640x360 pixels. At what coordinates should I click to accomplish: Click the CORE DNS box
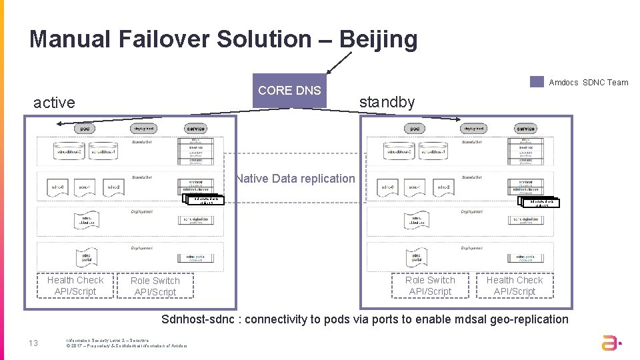(x=289, y=91)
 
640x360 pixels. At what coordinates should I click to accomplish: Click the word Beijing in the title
(x=378, y=39)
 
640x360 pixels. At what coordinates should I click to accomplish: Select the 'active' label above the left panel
(x=54, y=103)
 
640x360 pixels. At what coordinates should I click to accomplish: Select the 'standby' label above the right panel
(x=387, y=102)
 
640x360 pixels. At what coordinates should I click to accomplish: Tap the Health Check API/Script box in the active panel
(x=75, y=285)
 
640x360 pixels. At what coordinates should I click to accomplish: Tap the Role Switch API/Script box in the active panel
(x=155, y=286)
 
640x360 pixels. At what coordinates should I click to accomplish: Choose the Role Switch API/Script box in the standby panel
(x=430, y=285)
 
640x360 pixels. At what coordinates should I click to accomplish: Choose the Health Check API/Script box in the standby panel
(x=514, y=285)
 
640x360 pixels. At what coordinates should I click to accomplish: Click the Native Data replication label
(x=295, y=179)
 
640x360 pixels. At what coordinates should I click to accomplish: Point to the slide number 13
(x=33, y=343)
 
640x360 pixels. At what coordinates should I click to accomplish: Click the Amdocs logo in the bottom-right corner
(x=610, y=343)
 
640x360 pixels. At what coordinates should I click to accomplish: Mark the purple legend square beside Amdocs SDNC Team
(x=537, y=82)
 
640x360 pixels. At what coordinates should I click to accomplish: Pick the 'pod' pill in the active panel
(x=84, y=129)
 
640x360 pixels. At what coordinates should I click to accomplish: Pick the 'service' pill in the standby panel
(x=525, y=129)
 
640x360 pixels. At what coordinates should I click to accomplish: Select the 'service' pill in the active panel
(x=195, y=129)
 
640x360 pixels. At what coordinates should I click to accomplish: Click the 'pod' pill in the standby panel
(x=414, y=129)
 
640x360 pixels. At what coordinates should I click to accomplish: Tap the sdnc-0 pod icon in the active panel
(x=58, y=188)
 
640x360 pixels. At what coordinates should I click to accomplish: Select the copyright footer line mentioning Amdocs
(x=127, y=345)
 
